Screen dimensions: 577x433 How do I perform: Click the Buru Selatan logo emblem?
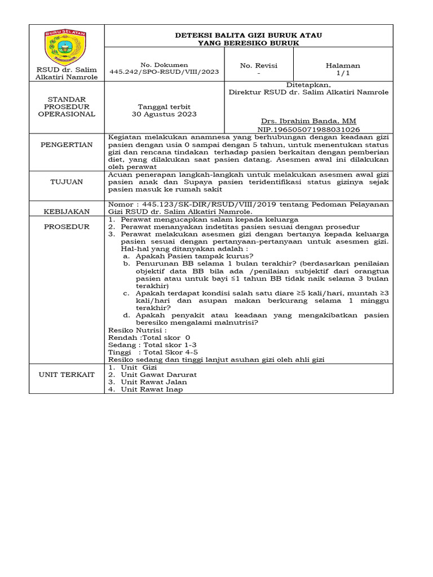point(67,47)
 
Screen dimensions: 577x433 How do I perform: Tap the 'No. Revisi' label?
point(259,65)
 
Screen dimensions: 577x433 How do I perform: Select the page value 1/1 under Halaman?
point(343,73)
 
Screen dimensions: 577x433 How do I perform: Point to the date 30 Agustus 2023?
point(165,114)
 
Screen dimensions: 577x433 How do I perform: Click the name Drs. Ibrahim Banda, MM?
point(308,121)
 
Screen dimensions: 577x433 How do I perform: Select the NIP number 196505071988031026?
point(308,129)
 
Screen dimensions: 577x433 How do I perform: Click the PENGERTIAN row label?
point(67,145)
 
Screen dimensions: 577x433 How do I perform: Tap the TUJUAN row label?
point(67,182)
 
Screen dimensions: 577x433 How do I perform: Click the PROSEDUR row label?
point(67,227)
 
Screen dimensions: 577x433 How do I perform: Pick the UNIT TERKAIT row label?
point(67,374)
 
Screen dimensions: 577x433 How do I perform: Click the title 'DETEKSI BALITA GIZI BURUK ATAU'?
point(249,35)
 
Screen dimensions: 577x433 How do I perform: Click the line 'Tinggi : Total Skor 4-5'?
point(152,352)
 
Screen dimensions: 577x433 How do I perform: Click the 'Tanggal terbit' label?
point(165,106)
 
